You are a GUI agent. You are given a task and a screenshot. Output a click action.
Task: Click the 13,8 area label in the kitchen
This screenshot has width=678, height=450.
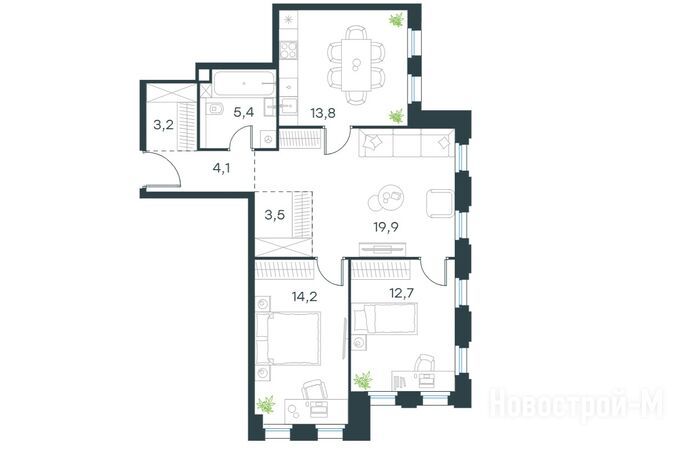click(323, 113)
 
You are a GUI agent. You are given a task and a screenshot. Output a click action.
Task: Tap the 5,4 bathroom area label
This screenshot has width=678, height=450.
click(243, 112)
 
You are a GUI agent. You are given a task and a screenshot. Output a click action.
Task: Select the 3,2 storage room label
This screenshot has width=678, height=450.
click(163, 125)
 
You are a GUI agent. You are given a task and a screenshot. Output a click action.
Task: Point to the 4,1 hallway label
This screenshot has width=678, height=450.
click(221, 168)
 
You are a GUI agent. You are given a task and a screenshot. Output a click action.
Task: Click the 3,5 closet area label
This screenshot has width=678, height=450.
click(275, 214)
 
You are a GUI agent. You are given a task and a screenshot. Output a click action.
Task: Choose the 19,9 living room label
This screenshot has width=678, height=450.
click(386, 227)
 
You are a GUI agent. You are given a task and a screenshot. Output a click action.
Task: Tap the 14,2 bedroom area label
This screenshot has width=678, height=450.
click(304, 297)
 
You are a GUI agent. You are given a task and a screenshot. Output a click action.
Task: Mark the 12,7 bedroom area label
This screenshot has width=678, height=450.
click(402, 293)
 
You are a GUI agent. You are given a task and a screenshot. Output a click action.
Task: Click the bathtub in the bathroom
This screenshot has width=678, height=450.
click(243, 83)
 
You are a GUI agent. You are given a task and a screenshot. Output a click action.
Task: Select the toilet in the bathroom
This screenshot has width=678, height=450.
click(214, 109)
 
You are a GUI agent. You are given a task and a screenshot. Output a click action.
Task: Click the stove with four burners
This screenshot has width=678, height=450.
click(288, 49)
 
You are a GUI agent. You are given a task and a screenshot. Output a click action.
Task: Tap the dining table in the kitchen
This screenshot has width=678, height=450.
click(356, 64)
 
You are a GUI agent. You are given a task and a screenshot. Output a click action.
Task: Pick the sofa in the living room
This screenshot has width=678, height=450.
click(406, 143)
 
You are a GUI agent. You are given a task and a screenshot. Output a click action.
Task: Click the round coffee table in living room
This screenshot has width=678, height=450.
click(386, 198)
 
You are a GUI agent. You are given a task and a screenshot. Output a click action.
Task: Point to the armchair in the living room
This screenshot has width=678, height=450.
click(440, 204)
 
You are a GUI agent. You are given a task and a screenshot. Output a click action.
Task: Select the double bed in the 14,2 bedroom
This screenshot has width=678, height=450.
click(288, 338)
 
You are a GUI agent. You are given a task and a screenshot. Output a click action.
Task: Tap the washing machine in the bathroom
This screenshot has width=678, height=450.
click(269, 139)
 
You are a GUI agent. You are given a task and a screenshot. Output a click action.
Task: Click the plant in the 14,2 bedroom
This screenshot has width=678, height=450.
click(266, 404)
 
